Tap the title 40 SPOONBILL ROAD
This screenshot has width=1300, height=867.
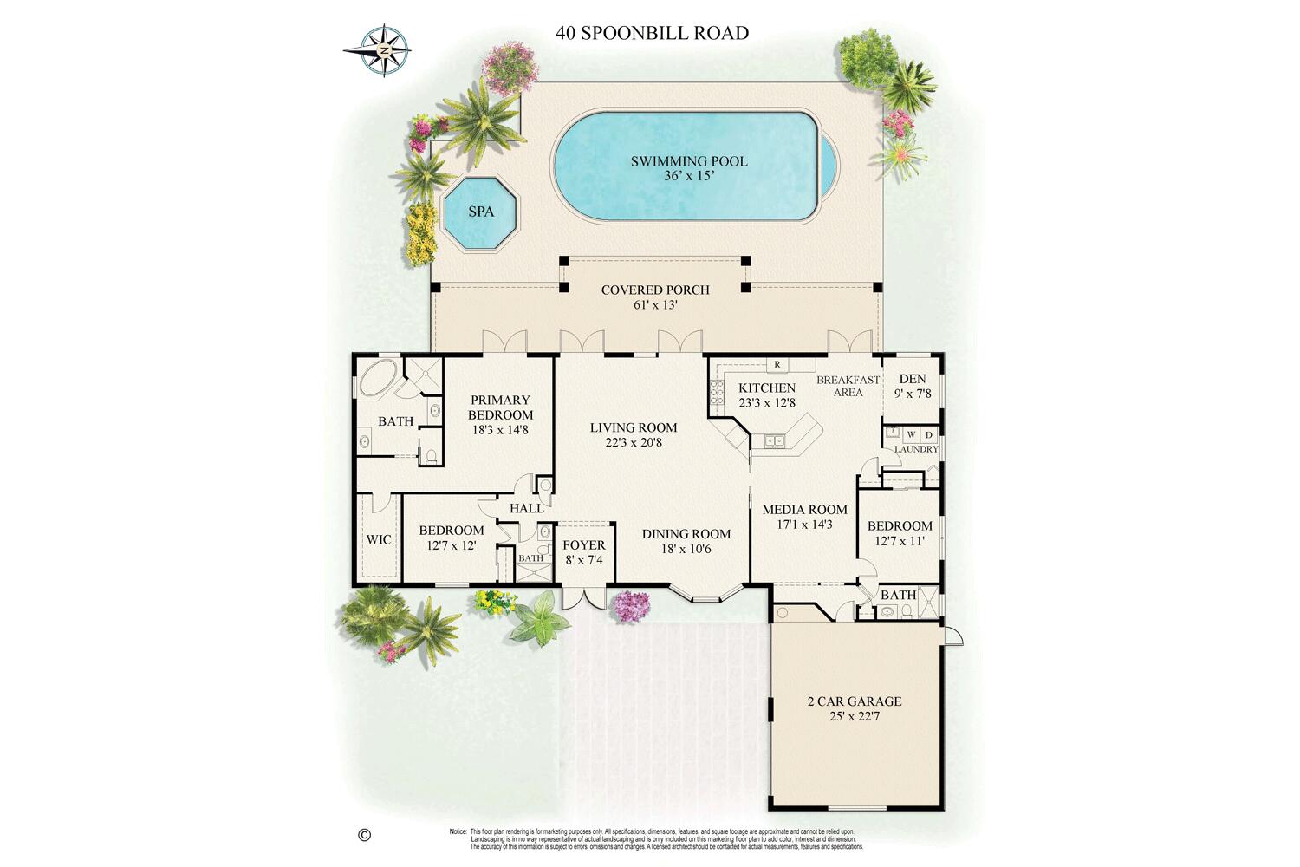(652, 34)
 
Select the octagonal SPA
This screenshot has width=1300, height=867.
(480, 212)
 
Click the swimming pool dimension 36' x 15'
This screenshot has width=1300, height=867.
(689, 176)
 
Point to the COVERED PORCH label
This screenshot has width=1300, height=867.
(655, 290)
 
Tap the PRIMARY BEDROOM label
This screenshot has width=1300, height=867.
(500, 407)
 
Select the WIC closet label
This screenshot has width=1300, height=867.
(379, 539)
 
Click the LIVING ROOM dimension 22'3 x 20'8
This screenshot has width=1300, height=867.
(634, 442)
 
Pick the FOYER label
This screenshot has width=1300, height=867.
(584, 545)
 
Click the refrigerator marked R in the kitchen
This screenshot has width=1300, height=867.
(777, 364)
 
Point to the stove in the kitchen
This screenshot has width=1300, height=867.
(717, 393)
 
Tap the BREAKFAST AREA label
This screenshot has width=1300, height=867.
(848, 386)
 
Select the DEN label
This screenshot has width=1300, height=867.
(913, 379)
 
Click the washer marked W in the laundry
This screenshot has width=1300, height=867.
(911, 434)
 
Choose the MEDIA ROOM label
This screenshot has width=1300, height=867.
(804, 510)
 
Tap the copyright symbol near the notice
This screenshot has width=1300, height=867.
(364, 835)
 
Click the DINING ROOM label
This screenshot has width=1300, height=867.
(686, 534)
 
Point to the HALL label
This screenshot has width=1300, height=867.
(526, 508)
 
